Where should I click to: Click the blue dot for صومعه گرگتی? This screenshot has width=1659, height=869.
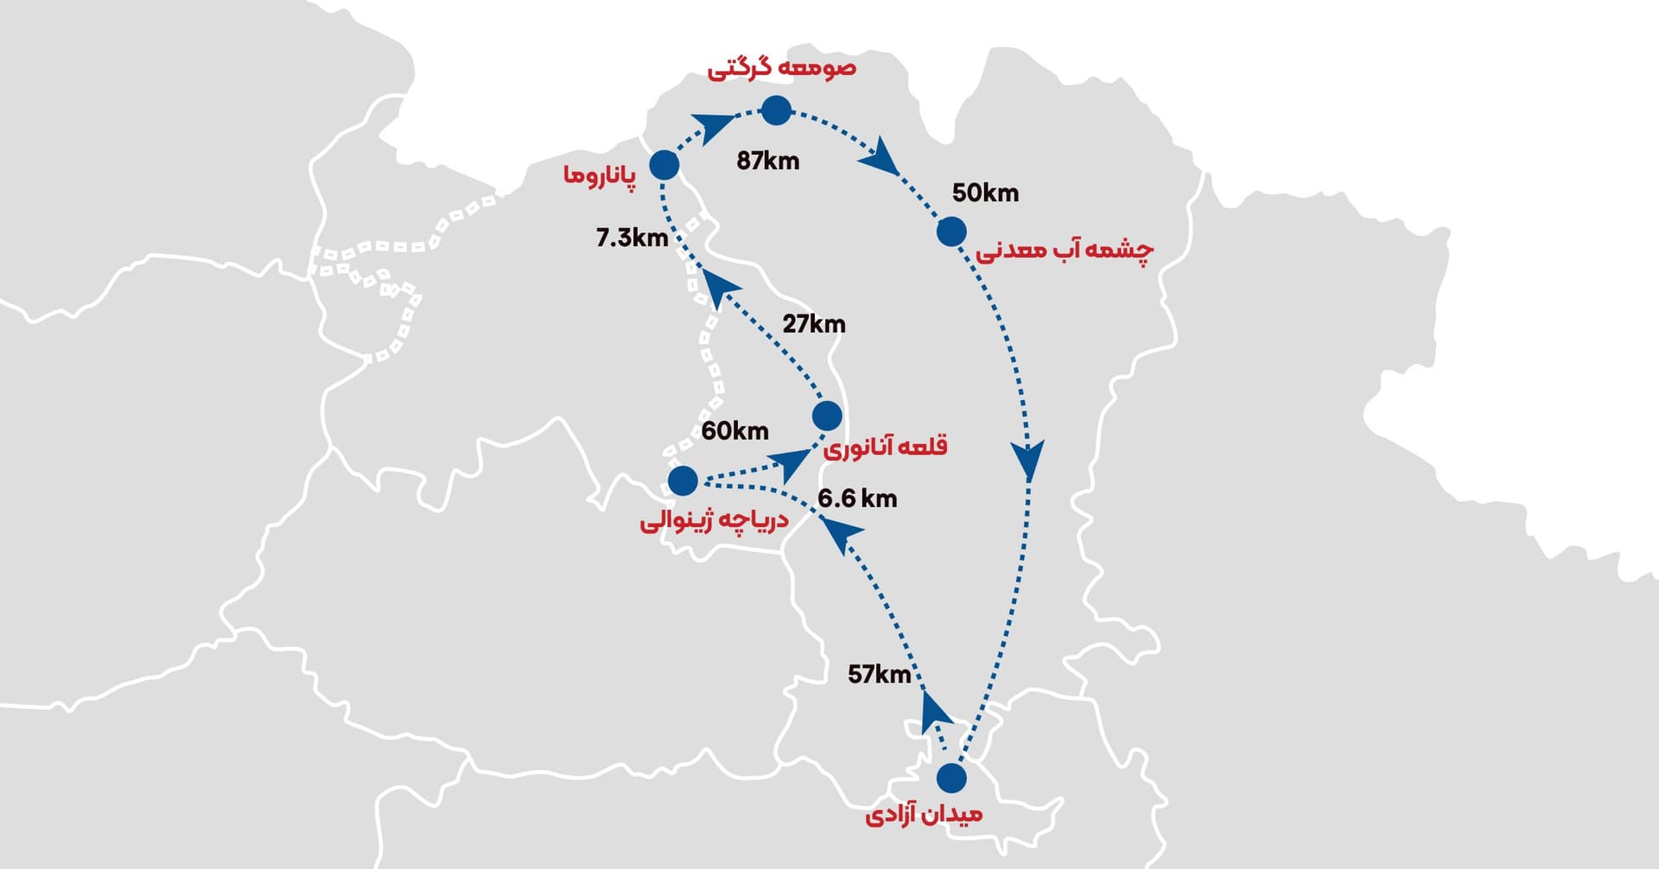[x=776, y=111]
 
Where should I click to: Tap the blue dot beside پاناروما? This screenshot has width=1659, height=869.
[x=664, y=164]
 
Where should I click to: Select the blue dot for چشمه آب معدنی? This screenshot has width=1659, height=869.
[x=951, y=232]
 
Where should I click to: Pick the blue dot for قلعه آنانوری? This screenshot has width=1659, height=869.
[x=827, y=415]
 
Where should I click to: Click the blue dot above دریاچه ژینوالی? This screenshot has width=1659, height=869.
[x=683, y=480]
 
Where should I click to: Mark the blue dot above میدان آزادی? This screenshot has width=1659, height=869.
[x=951, y=777]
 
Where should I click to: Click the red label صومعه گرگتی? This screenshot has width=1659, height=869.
[x=782, y=68]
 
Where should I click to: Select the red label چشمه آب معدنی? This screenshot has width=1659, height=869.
[x=1065, y=251]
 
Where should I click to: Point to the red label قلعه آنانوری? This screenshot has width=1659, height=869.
[x=885, y=447]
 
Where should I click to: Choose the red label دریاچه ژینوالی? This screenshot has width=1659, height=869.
[x=714, y=521]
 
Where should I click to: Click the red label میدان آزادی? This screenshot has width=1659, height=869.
[x=924, y=815]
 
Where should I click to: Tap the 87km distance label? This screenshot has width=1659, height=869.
[x=767, y=161]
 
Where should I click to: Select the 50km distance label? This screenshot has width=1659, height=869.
[x=985, y=193]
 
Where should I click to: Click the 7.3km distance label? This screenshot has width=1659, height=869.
[x=632, y=238]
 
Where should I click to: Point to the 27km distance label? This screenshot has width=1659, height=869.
[x=814, y=324]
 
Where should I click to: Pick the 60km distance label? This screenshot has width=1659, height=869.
[x=734, y=430]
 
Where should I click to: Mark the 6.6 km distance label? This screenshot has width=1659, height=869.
[x=857, y=498]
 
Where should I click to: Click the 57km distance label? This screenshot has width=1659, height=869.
[x=879, y=674]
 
